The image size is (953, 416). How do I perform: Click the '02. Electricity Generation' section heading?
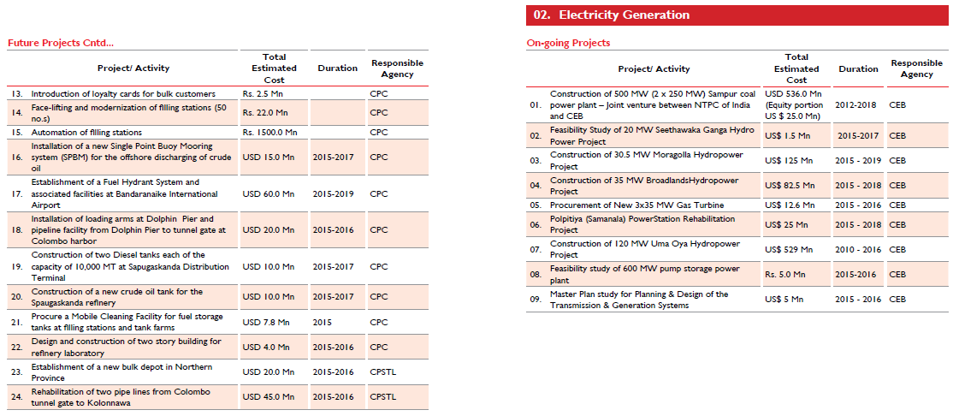(x=612, y=15)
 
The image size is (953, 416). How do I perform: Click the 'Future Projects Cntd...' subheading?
(x=60, y=43)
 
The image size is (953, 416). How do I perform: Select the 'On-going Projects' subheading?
(x=568, y=43)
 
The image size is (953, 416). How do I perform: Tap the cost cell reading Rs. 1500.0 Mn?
(x=269, y=132)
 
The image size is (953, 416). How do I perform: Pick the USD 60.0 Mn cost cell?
(x=268, y=194)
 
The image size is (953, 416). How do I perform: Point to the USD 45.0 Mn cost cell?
(x=268, y=397)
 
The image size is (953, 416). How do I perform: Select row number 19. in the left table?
(x=17, y=267)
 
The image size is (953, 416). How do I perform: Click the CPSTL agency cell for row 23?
(x=383, y=371)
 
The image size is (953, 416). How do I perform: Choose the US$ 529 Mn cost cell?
(x=788, y=249)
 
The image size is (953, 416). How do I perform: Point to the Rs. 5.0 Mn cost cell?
(x=784, y=274)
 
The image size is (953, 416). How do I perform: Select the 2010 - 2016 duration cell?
(x=858, y=249)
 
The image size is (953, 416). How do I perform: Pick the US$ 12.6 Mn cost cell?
(x=790, y=205)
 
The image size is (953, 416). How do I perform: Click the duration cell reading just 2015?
(x=323, y=322)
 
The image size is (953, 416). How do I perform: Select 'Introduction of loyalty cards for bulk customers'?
(x=123, y=94)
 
